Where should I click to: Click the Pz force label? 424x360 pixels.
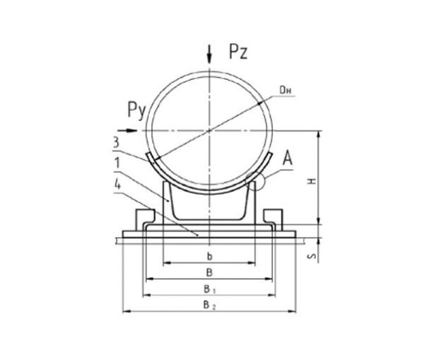pyautogui.click(x=238, y=52)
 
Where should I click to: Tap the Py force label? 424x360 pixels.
pyautogui.click(x=137, y=110)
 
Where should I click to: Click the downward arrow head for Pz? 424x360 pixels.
pyautogui.click(x=209, y=58)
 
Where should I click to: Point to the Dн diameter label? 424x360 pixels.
pyautogui.click(x=285, y=91)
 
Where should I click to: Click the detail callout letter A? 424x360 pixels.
pyautogui.click(x=288, y=158)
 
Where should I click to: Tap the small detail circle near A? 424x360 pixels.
pyautogui.click(x=254, y=181)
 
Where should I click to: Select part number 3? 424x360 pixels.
pyautogui.click(x=116, y=142)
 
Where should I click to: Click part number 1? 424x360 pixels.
pyautogui.click(x=117, y=163)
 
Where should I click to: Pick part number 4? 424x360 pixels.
pyautogui.click(x=117, y=185)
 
